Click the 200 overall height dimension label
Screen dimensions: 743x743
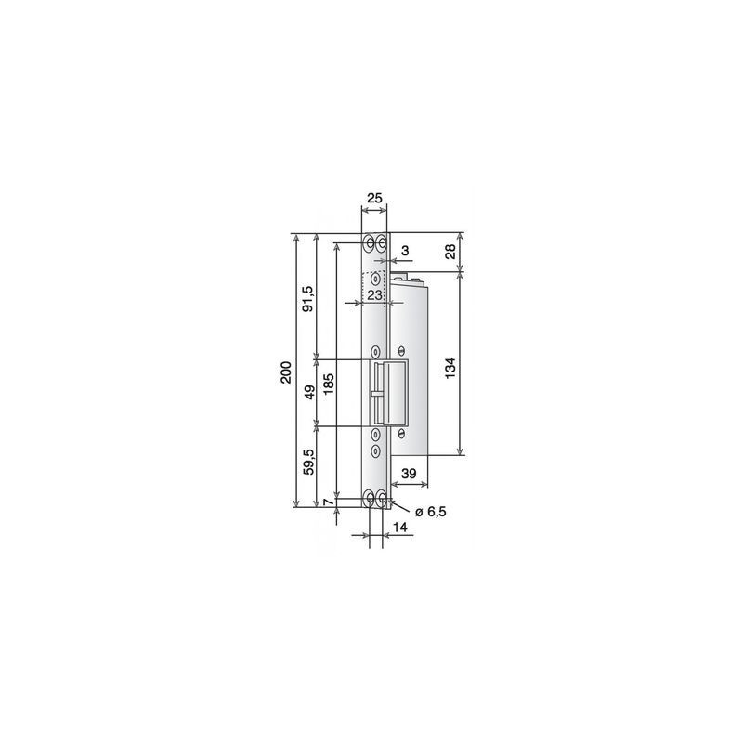click(x=286, y=372)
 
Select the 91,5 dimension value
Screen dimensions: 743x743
click(x=308, y=298)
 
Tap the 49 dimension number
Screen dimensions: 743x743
click(x=309, y=392)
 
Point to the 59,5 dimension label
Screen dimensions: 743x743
click(x=309, y=462)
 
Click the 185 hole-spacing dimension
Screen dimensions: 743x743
click(x=329, y=384)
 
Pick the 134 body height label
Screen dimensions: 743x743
click(x=450, y=368)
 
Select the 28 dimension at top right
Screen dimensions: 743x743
click(x=450, y=251)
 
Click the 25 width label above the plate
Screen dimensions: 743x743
click(x=374, y=198)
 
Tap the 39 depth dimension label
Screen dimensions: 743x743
click(x=409, y=474)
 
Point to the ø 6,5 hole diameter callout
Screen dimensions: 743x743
click(x=430, y=512)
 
